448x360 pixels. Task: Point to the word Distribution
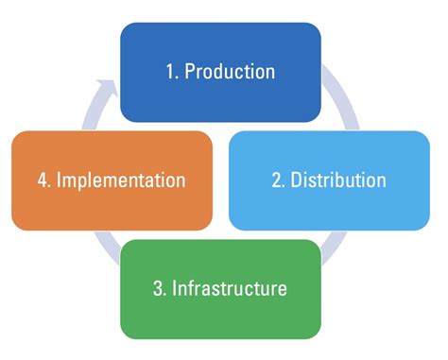(338, 180)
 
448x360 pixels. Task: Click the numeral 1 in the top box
(168, 72)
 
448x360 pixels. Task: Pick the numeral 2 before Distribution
(278, 180)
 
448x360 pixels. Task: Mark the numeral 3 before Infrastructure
(158, 287)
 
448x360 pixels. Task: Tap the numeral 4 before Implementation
(38, 180)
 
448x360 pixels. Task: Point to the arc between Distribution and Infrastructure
(330, 250)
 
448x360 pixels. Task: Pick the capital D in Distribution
(297, 180)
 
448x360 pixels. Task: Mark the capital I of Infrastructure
(175, 287)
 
